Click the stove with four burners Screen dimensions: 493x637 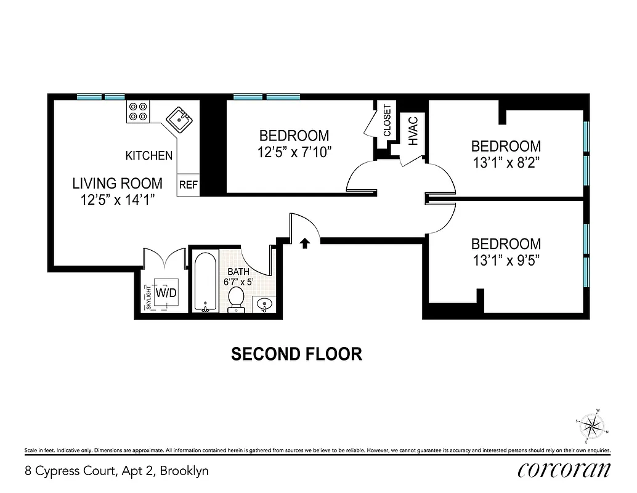tap(138, 111)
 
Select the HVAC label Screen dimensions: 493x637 tap(413, 131)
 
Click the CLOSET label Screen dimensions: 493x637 tap(387, 121)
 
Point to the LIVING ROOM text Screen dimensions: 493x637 tap(117, 183)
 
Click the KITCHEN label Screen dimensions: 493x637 tap(149, 156)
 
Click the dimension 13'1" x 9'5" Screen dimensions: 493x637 tap(506, 260)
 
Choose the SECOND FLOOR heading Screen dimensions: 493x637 tap(296, 354)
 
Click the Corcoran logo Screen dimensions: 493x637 tap(564, 470)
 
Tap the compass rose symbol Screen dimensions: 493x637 tap(593, 425)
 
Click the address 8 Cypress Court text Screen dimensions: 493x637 tap(116, 471)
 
